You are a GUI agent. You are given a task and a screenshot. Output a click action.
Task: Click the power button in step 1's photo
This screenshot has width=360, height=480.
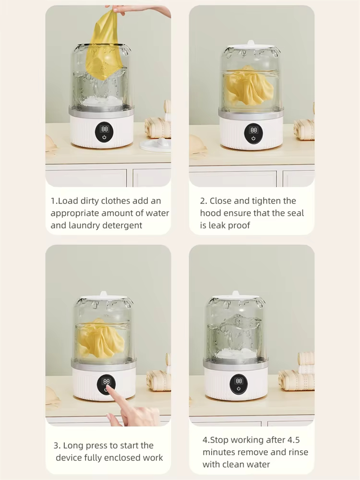(104, 137)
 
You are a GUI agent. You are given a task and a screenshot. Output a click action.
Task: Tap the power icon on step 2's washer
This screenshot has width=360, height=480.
(253, 138)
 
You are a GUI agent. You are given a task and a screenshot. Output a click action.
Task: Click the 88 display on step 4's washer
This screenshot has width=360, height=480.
(239, 381)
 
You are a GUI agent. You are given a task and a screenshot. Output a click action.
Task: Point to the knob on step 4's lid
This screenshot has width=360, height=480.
(236, 294)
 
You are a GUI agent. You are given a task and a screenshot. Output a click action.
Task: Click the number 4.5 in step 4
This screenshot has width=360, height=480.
(293, 440)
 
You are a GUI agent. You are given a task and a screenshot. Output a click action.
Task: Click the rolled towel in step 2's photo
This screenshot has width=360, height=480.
(304, 130)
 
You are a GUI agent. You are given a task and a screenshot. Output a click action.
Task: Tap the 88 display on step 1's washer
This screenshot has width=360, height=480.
(105, 129)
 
